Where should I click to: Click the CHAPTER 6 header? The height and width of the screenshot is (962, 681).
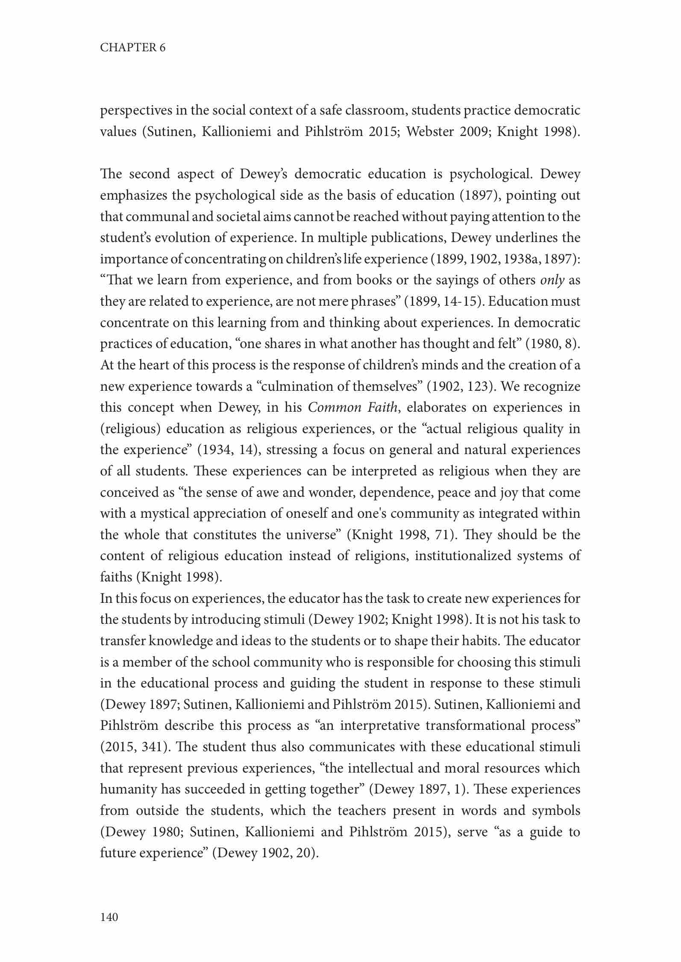click(x=132, y=47)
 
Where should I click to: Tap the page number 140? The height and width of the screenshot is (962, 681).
click(x=109, y=917)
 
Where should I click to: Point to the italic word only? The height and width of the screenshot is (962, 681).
click(x=552, y=280)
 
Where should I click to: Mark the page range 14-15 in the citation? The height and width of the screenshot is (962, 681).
click(x=456, y=301)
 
